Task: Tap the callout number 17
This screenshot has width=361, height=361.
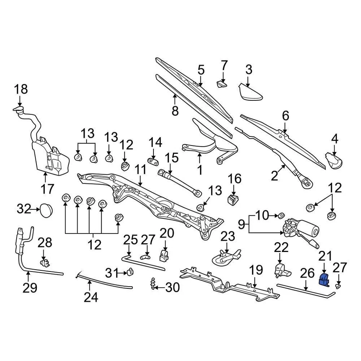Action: coord(47,188)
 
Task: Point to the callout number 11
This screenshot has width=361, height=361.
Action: coord(140,170)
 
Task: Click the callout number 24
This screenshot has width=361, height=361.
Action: coord(91,297)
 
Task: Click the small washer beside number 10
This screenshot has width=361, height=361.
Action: coord(281,216)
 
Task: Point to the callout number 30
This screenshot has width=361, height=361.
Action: coord(173,288)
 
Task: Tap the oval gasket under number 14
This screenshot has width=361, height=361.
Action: coord(154,161)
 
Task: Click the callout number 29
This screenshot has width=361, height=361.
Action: coord(30,288)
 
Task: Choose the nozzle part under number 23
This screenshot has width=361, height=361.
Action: coord(226,257)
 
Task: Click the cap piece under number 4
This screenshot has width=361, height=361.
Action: coord(334,159)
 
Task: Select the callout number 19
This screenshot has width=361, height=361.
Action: coord(256,270)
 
